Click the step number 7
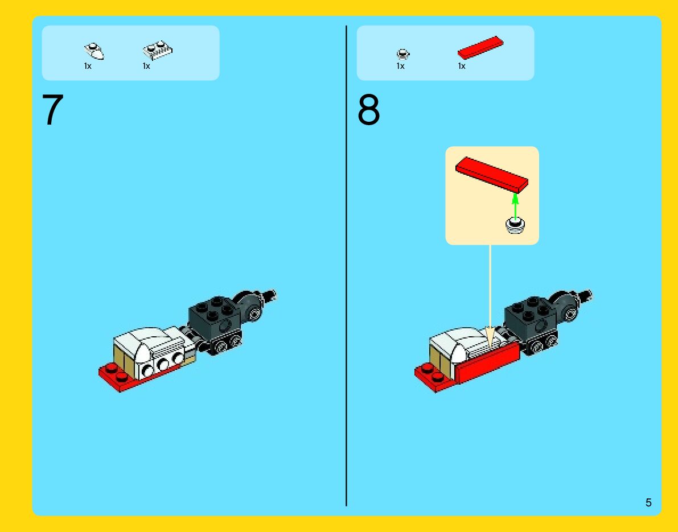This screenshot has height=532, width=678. coord(53,110)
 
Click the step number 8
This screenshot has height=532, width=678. coord(368,110)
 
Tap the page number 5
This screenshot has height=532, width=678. coord(648,502)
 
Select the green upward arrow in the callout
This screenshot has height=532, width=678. coord(515,207)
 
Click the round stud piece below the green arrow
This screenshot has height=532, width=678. coord(515,225)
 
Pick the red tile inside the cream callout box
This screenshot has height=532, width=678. coord(492,174)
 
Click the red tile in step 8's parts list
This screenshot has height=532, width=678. coord(480,47)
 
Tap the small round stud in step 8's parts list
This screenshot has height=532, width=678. coord(402,54)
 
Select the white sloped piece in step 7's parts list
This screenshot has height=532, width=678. coord(94,51)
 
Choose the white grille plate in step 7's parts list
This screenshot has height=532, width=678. coord(157,50)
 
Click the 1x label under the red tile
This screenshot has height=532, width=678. coord(462,66)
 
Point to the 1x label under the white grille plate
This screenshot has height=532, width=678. coord(146,66)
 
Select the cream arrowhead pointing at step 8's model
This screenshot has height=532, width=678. coord(490,337)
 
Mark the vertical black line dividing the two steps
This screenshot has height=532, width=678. coord(346,265)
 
